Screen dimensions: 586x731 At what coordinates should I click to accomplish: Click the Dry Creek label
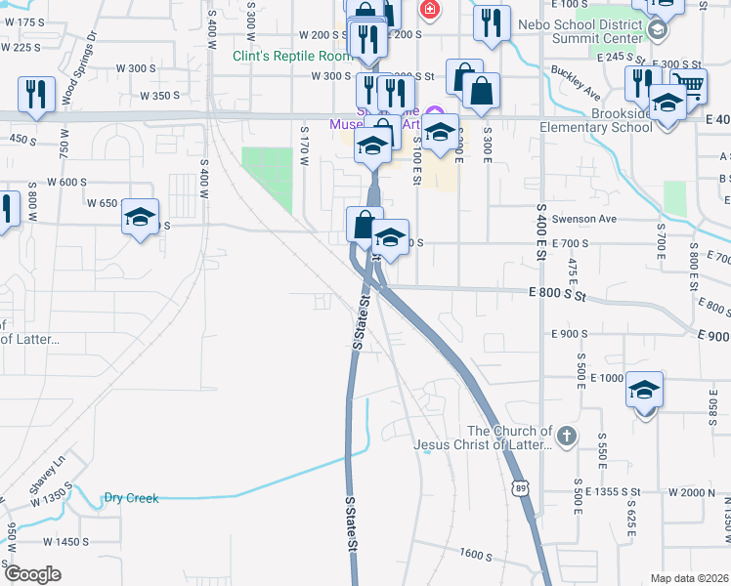click(131, 498)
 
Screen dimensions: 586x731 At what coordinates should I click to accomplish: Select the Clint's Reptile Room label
click(292, 56)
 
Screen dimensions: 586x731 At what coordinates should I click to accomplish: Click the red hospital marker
click(427, 11)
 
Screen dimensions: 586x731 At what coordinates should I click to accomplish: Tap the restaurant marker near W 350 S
click(35, 95)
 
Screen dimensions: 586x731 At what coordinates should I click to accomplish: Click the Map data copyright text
click(689, 578)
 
